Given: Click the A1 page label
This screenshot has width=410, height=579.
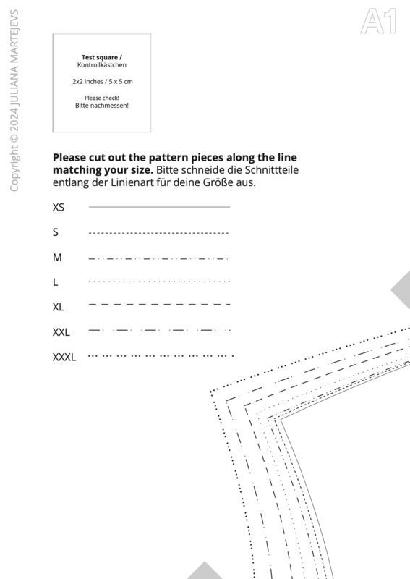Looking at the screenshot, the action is coord(379,22).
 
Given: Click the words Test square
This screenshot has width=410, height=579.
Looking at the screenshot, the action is coord(100,57).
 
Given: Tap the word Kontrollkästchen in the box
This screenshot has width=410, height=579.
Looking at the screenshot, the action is coord(102,65).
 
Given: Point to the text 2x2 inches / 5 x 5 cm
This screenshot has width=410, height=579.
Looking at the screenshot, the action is coord(103,82).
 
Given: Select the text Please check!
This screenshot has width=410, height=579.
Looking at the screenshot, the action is coord(102,98).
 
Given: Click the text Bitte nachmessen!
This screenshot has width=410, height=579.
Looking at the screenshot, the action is coord(102,105).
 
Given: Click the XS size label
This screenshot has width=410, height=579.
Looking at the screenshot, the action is coord(59,208).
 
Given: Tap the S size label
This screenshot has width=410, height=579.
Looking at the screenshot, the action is coord(56,232).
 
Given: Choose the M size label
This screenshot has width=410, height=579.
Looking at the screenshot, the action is coord(57,258).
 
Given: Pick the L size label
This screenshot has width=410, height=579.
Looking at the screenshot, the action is coord(56,282).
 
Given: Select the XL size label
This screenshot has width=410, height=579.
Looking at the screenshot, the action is coord(59,307).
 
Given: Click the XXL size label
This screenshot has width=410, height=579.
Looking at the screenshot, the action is coord(61,332).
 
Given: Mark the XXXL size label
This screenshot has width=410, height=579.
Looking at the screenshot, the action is coord(64,357).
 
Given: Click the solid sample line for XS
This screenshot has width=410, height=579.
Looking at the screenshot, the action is coord(159,207).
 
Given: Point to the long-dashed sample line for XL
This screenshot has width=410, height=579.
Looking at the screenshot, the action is coord(159,304).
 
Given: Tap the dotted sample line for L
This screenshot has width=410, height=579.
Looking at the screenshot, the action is coord(159,282).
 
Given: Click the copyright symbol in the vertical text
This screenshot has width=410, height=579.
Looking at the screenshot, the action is coord(14,138).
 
